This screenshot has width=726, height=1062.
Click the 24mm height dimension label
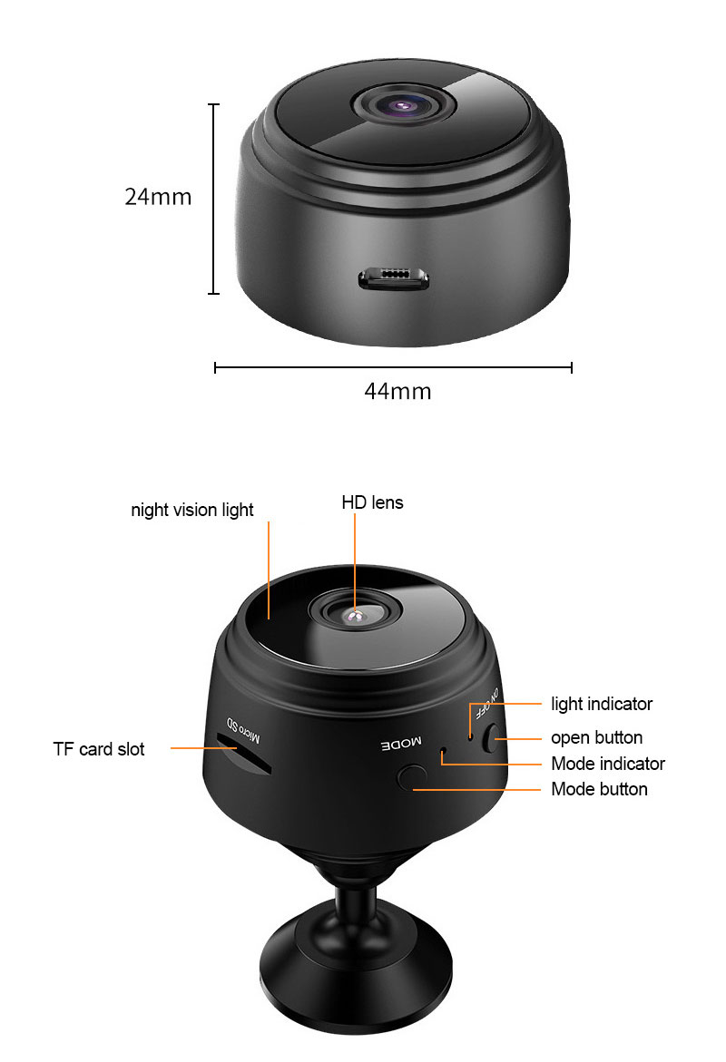pos(158,196)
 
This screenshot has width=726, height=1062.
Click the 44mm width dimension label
pos(397,391)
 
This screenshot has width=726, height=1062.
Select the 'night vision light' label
pos(192,510)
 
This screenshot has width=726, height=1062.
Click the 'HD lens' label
pos(372,502)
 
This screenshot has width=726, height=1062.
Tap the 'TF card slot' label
pos(98,749)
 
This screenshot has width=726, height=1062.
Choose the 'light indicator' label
pos(602,704)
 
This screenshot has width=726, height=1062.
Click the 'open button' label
pos(596,737)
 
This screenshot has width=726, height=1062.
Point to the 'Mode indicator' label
pos(607,764)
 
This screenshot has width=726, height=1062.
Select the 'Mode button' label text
pos(599,789)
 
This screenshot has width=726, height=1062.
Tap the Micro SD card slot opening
pos(243,758)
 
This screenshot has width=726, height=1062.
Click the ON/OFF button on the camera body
pos(493,738)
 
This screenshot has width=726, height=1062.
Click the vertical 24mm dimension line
pos(214,199)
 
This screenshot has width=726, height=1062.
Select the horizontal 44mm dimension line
pos(393,367)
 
